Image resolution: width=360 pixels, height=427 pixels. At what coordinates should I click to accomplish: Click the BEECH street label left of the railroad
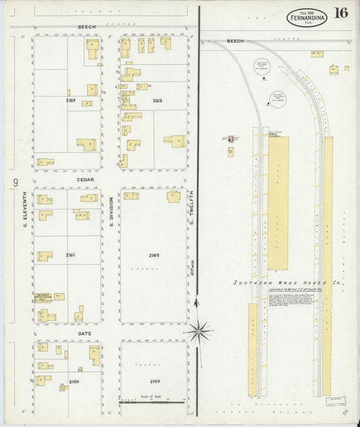click(x=86, y=26)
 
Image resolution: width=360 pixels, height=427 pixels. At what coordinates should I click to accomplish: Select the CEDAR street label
click(x=85, y=180)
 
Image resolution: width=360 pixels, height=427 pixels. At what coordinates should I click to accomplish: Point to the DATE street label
click(x=84, y=333)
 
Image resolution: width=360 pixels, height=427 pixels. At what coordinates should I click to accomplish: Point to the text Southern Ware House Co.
click(x=287, y=283)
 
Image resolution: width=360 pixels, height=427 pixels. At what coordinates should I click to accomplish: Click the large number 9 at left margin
click(x=14, y=182)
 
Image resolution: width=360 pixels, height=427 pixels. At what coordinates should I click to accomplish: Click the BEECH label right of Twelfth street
click(x=235, y=41)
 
